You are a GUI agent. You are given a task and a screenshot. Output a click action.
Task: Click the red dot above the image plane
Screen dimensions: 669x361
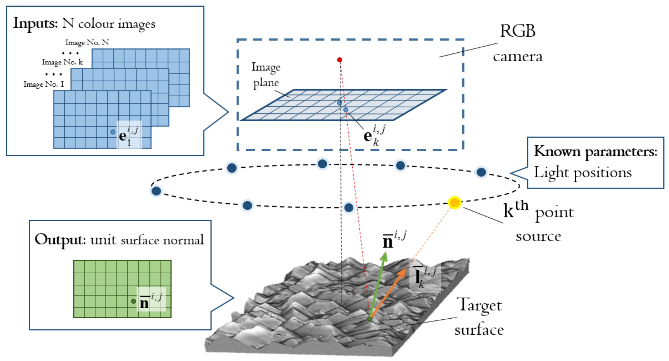[339, 60]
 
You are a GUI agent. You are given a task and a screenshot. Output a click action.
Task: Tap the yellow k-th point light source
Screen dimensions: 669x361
[454, 202]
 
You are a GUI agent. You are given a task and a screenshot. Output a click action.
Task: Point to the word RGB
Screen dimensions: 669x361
[518, 31]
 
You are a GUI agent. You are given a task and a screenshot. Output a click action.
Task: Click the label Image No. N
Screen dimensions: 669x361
[87, 43]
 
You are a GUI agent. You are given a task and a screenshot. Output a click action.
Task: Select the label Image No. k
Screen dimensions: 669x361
[62, 62]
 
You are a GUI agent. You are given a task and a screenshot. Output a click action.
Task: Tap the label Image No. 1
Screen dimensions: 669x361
[44, 84]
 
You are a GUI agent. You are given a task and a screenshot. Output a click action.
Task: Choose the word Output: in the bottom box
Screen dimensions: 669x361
[60, 240]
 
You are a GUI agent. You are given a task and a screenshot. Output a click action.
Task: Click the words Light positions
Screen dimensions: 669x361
[583, 173]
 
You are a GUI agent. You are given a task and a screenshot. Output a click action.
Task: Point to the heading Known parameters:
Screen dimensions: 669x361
[596, 152]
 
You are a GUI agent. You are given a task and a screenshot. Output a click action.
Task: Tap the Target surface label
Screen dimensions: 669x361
[480, 317]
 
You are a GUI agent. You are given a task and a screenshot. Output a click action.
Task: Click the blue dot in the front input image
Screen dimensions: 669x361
[113, 132]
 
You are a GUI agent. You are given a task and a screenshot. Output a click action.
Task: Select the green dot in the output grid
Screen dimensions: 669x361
[133, 301]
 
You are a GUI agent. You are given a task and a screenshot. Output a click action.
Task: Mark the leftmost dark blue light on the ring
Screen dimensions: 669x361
[156, 191]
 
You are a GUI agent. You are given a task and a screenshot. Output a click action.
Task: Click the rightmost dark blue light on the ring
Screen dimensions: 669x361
[481, 172]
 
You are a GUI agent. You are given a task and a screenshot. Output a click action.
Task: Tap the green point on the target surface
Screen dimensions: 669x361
[370, 319]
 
